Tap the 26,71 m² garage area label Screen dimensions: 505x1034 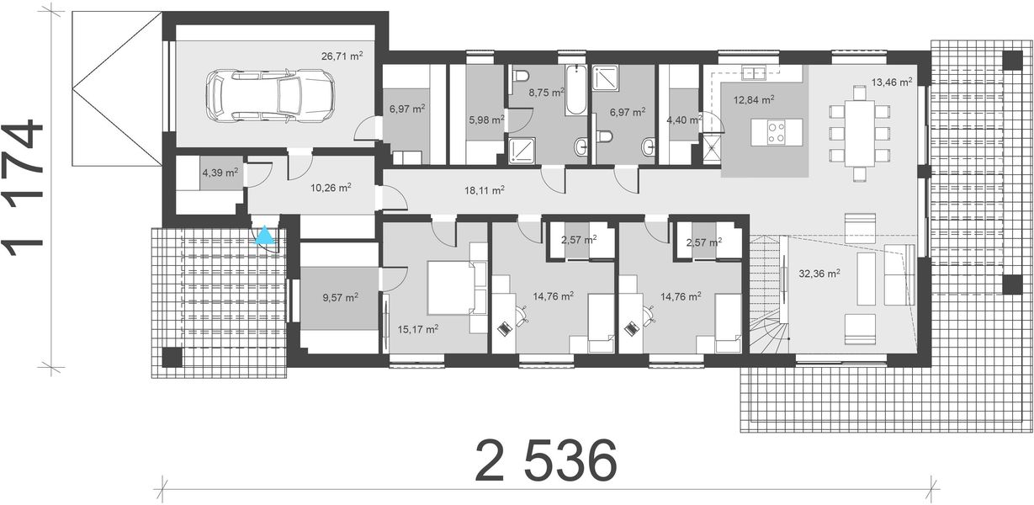point(342,56)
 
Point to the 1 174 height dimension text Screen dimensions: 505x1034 point(24,189)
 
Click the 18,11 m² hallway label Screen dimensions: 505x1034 point(484,191)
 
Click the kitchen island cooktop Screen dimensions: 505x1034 point(775,130)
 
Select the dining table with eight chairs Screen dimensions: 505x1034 point(858,133)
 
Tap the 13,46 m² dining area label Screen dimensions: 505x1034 point(891,82)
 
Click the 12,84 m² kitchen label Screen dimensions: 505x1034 point(754,99)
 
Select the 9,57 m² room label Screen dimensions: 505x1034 point(339,297)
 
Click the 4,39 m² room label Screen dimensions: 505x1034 point(220,173)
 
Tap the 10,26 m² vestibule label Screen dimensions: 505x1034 point(331,188)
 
